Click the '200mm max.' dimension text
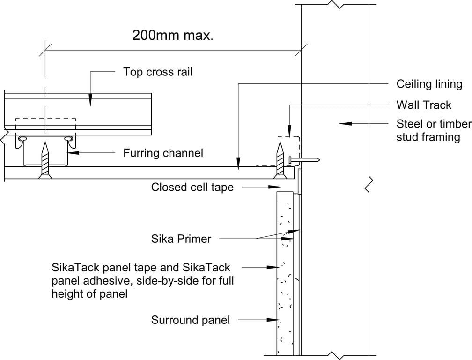coord(173,35)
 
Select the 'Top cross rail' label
coord(158,72)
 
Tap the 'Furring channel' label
coord(163,153)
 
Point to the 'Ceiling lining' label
coord(429,84)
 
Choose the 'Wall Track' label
coord(424,105)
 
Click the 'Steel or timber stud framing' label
coord(434,130)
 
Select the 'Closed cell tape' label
coord(192,187)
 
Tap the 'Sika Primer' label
coord(181,239)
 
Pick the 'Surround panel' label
coord(191,320)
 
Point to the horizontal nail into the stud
coord(305,160)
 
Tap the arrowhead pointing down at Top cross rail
coord(90,100)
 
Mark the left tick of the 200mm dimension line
coord(45,49)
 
